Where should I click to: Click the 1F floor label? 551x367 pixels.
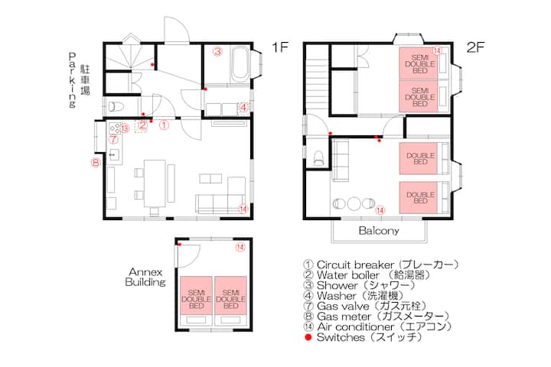280,47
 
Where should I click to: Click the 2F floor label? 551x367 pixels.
475,47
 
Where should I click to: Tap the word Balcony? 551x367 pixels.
379,231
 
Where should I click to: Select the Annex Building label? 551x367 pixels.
145,277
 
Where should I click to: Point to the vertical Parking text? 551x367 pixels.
73,80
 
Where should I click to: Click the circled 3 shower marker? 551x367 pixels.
217,52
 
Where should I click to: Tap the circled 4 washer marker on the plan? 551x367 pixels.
243,108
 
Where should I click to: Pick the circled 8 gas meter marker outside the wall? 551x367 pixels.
96,163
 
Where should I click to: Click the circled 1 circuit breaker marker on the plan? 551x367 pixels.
164,125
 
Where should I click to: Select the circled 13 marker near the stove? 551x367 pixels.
125,129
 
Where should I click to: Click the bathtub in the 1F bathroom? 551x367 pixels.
240,63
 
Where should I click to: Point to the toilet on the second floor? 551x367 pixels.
318,158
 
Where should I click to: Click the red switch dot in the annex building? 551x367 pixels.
179,245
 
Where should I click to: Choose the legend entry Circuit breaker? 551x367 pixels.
381,265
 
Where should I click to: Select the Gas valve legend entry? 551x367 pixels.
366,307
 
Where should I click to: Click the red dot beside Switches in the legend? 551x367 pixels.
308,337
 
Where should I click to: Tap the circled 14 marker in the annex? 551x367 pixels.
240,247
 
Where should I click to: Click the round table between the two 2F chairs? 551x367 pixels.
353,203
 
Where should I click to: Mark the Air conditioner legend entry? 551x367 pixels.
378,327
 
